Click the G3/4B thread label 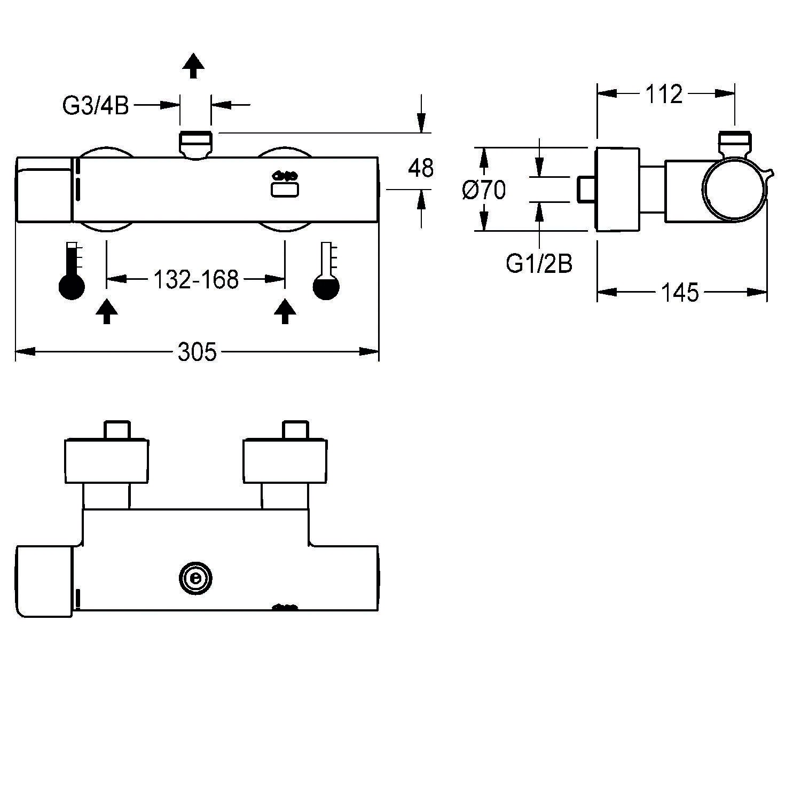pos(96,106)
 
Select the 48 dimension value pos(421,168)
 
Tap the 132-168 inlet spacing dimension pos(195,279)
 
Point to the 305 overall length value pos(197,352)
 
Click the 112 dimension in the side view pos(664,94)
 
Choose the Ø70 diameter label pos(484,190)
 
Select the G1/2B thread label pos(539,264)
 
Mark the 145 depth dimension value pos(680,293)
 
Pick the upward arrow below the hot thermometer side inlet pos(107,311)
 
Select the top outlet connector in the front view pos(195,143)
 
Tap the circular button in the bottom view pos(195,578)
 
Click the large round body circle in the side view pos(735,189)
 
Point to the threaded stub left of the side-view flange pos(586,189)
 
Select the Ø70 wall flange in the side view pos(617,189)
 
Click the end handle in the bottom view pos(44,581)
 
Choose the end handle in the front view pos(44,189)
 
